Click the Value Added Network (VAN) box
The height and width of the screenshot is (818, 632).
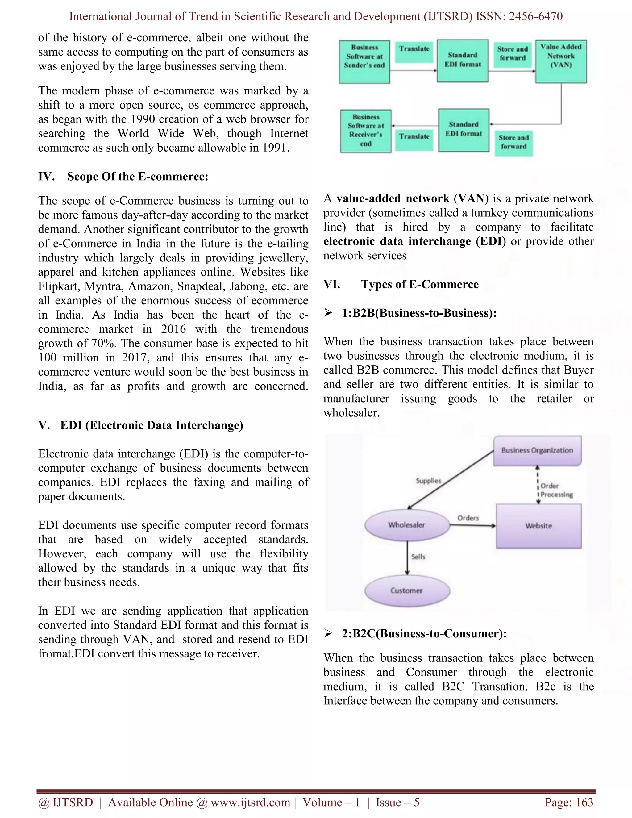tap(560, 61)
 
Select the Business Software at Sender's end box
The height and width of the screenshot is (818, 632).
tap(364, 61)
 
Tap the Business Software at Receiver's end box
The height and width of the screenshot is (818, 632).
tap(366, 131)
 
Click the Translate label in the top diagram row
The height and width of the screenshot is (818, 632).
tap(414, 49)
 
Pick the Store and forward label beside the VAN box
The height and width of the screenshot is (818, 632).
tap(512, 54)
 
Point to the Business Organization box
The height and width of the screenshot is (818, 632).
tap(537, 451)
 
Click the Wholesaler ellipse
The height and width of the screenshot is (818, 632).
tap(407, 525)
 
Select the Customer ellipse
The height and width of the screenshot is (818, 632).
tap(407, 591)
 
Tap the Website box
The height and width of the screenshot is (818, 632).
tap(538, 526)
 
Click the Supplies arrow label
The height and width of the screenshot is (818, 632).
tap(428, 481)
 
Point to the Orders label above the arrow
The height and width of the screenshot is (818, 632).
tap(468, 518)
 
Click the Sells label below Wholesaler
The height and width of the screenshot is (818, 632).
tap(418, 557)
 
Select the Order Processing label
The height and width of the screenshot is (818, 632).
tap(556, 490)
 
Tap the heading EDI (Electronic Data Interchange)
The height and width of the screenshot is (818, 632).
tap(152, 425)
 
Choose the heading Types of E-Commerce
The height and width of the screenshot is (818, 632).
tap(419, 284)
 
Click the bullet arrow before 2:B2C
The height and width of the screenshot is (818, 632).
tap(328, 633)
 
